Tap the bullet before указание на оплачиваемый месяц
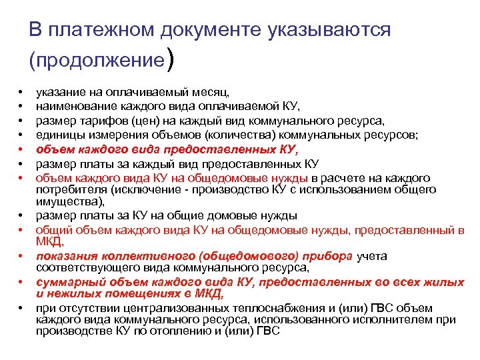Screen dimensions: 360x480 (x=22, y=91)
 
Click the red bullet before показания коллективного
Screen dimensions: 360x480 (x=22, y=257)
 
